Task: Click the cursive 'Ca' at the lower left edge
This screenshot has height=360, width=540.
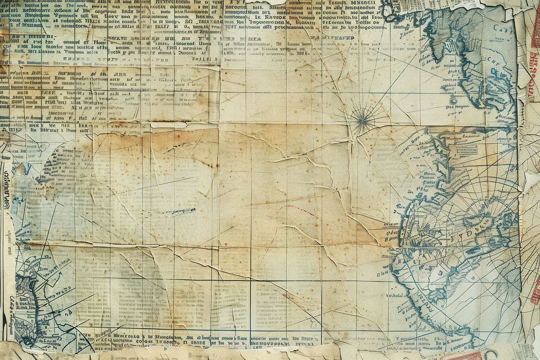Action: click(6, 310)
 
